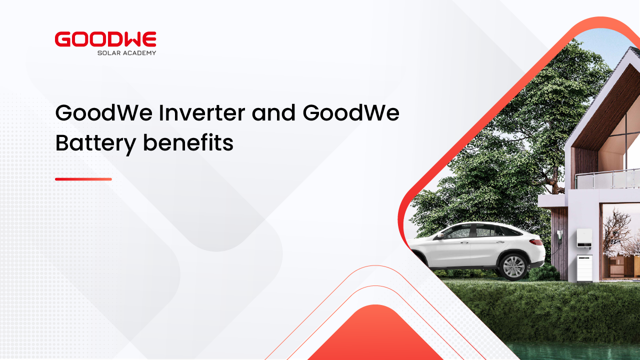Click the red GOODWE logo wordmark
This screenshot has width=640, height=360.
(x=105, y=39)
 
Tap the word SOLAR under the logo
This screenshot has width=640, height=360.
(x=107, y=53)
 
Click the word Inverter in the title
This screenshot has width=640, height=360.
(x=201, y=112)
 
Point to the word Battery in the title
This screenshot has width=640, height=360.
(x=95, y=143)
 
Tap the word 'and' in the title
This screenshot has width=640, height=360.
(x=273, y=112)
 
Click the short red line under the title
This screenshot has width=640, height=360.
(x=83, y=179)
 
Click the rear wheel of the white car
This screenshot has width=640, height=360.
(x=513, y=266)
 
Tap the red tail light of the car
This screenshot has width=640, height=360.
(x=536, y=242)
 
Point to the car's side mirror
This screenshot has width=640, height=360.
(x=440, y=235)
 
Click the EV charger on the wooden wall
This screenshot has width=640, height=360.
(x=559, y=237)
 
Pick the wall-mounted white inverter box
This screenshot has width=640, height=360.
(x=584, y=237)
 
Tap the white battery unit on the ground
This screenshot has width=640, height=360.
(x=584, y=268)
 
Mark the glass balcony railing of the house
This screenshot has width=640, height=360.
(x=607, y=179)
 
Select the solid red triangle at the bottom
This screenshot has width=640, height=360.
(x=375, y=334)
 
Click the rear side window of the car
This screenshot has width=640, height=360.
(x=507, y=231)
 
